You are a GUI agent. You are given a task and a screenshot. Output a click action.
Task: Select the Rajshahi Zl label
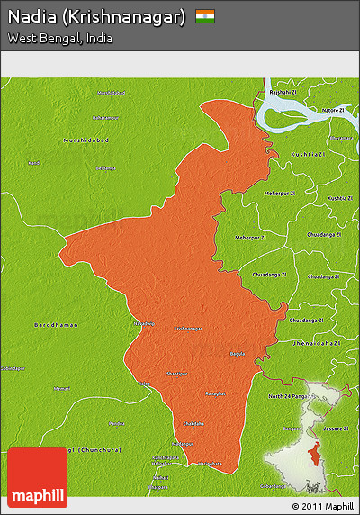click(x=282, y=92)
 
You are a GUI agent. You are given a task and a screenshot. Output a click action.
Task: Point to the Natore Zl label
click(x=334, y=110)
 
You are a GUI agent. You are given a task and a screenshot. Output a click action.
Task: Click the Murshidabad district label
click(x=85, y=140)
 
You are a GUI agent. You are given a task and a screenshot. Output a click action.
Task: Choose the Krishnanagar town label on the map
click(x=187, y=329)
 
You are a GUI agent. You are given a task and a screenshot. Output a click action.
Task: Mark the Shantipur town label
click(x=178, y=373)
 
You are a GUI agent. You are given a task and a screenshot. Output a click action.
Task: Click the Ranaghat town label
click(x=216, y=393)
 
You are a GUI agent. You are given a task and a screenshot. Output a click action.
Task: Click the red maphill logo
click(x=37, y=477)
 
